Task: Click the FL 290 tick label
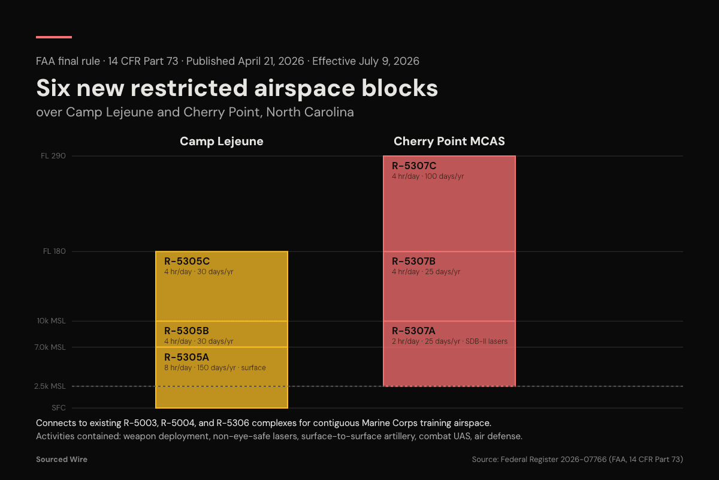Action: click(53, 156)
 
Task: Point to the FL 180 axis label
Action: click(54, 251)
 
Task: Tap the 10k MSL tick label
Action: click(52, 321)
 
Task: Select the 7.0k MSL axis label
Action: click(50, 347)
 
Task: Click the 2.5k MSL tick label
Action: click(50, 386)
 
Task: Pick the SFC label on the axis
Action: click(59, 408)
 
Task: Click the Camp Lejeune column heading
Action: click(222, 142)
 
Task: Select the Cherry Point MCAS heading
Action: click(449, 142)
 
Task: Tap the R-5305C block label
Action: click(187, 261)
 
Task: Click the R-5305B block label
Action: click(186, 331)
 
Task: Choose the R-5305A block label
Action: click(186, 357)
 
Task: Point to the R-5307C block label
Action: click(414, 166)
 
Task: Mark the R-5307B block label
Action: click(413, 261)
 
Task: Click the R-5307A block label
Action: click(413, 331)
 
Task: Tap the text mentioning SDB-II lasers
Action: click(449, 341)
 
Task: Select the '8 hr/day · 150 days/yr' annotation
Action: click(215, 368)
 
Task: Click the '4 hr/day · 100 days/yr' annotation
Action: click(428, 176)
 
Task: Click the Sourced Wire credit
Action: click(62, 459)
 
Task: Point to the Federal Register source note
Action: click(577, 459)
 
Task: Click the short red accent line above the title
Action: click(54, 37)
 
